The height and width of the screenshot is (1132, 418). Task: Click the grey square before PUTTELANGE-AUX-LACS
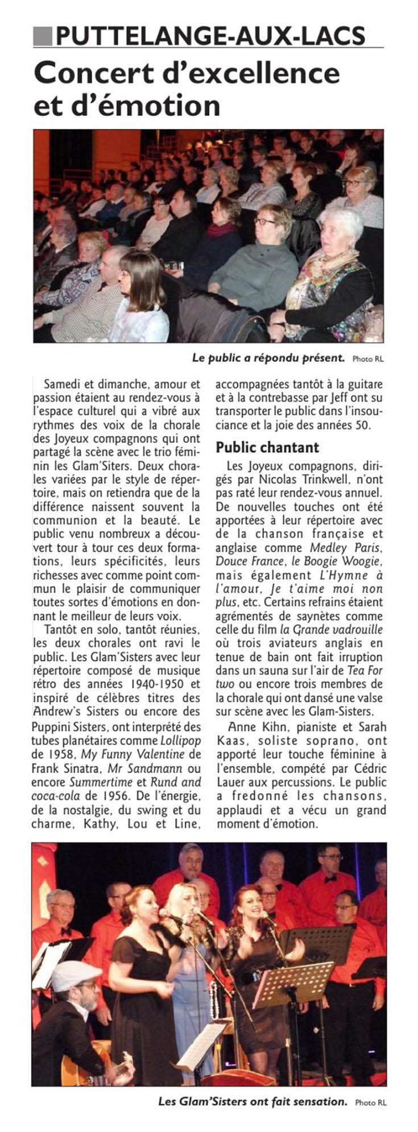pos(43,36)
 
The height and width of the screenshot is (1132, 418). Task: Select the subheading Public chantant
pos(267,447)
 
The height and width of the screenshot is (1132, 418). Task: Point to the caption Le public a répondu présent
pos(268,358)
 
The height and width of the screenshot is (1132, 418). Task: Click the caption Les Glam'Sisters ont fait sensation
pos(253,1101)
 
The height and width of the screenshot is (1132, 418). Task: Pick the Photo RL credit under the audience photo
pos(368,359)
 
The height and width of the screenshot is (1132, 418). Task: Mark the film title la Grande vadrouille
pos(331,630)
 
